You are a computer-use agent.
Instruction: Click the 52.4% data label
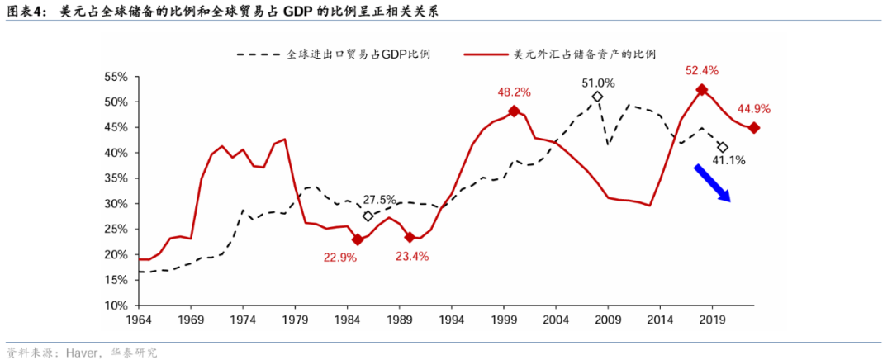pos(701,70)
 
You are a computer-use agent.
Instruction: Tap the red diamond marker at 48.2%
pos(514,111)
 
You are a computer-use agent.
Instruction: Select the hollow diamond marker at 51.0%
pos(597,97)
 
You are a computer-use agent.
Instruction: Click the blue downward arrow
pos(712,182)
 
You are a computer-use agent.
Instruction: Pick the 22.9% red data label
pos(339,258)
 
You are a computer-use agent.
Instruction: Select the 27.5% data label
pos(379,200)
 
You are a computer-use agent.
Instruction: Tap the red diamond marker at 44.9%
pos(753,127)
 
